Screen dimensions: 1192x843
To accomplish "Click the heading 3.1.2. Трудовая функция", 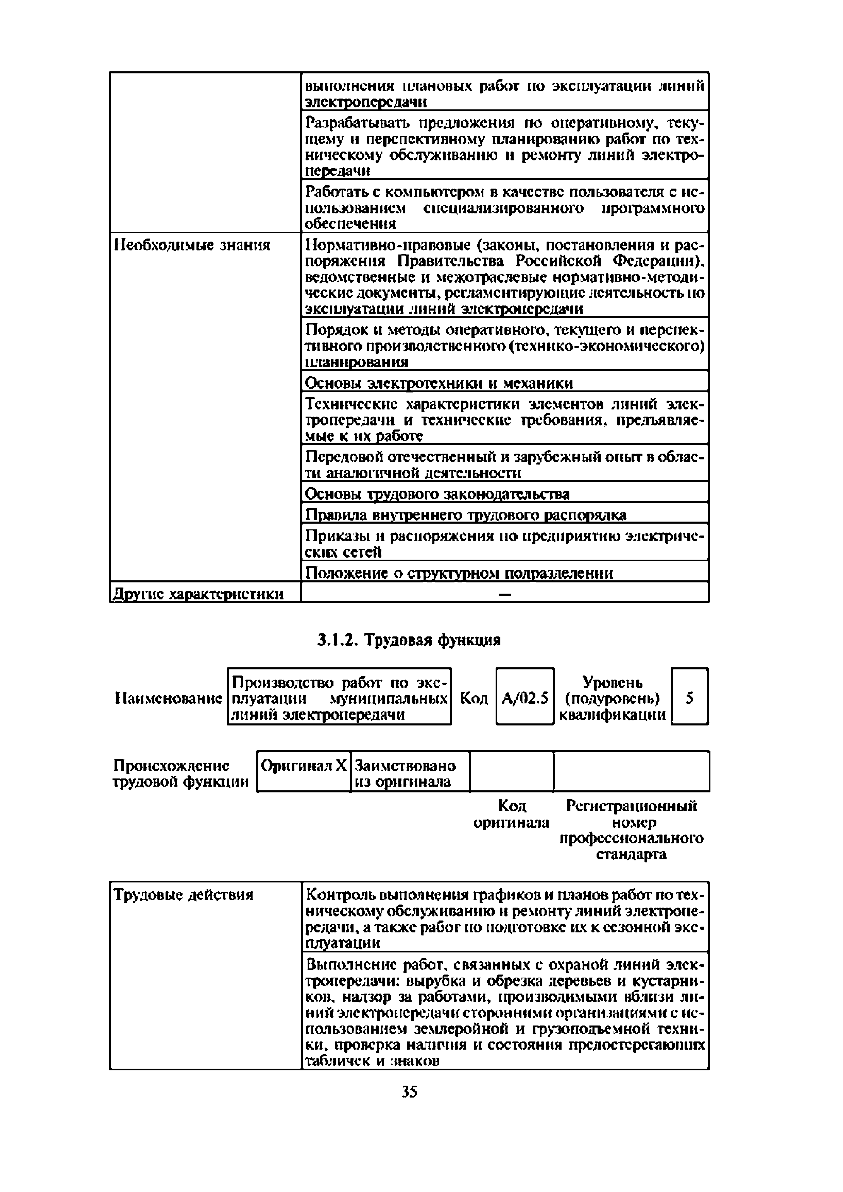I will click(x=409, y=640).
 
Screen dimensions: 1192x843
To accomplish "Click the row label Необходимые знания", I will click(x=192, y=245).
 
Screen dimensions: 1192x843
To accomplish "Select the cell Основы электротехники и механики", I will click(x=438, y=383).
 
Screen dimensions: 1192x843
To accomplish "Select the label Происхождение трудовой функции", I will click(x=180, y=774).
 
